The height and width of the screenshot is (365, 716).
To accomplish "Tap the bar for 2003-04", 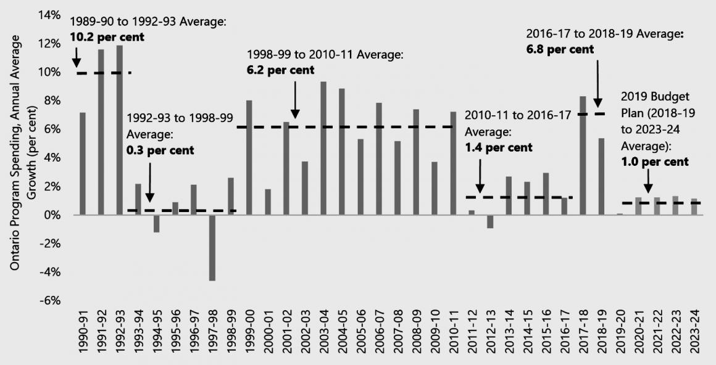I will [x=323, y=148].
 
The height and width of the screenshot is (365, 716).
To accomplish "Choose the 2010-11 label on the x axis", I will [x=453, y=337].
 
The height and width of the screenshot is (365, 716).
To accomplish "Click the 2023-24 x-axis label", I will [x=694, y=337].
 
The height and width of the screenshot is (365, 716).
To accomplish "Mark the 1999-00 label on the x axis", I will [x=249, y=337].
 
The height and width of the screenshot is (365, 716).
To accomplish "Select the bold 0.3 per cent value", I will [x=160, y=150].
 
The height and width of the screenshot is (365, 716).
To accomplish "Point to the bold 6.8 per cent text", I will [x=560, y=49].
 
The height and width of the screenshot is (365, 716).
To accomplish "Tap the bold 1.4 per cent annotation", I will [x=498, y=148].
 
